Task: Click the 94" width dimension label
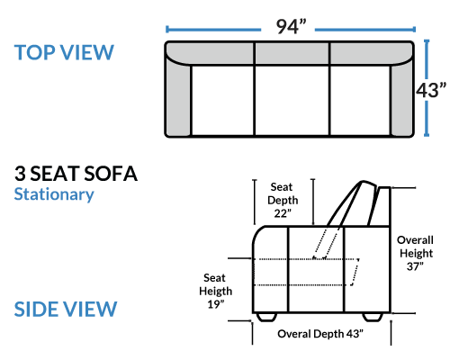[x=291, y=27]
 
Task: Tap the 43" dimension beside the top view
[x=431, y=90]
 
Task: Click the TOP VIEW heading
[x=64, y=52]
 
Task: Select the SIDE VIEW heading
[x=66, y=309]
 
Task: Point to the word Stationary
[x=54, y=194]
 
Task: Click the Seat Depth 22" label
[x=283, y=200]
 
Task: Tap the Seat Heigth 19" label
[x=215, y=291]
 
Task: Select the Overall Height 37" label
[x=415, y=253]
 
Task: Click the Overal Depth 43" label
[x=320, y=334]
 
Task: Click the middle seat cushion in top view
[x=292, y=100]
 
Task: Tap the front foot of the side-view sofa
[x=266, y=317]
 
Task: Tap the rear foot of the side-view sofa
[x=373, y=317]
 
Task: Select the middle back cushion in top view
[x=292, y=53]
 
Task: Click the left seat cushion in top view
[x=222, y=100]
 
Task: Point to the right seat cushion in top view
[x=360, y=100]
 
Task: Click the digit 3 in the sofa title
[x=20, y=174]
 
